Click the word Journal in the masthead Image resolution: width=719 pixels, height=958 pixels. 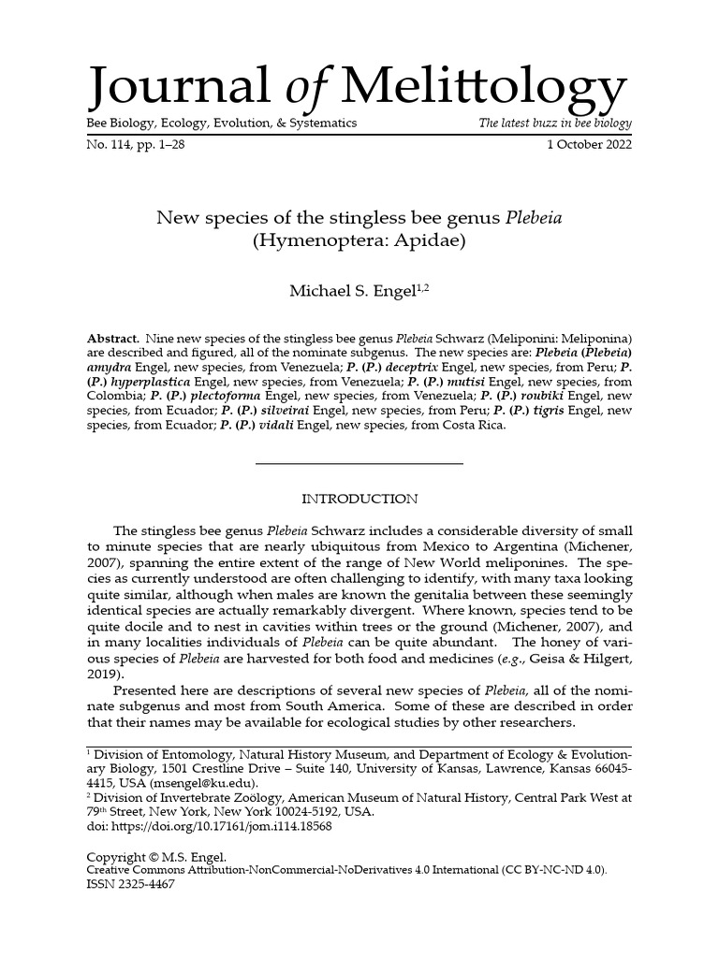(x=178, y=89)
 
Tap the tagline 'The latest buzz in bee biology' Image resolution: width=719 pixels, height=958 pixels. (x=555, y=123)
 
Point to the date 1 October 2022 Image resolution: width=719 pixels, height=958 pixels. (x=589, y=145)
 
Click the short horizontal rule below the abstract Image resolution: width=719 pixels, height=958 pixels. (x=359, y=464)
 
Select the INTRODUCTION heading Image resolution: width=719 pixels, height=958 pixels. (x=359, y=499)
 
